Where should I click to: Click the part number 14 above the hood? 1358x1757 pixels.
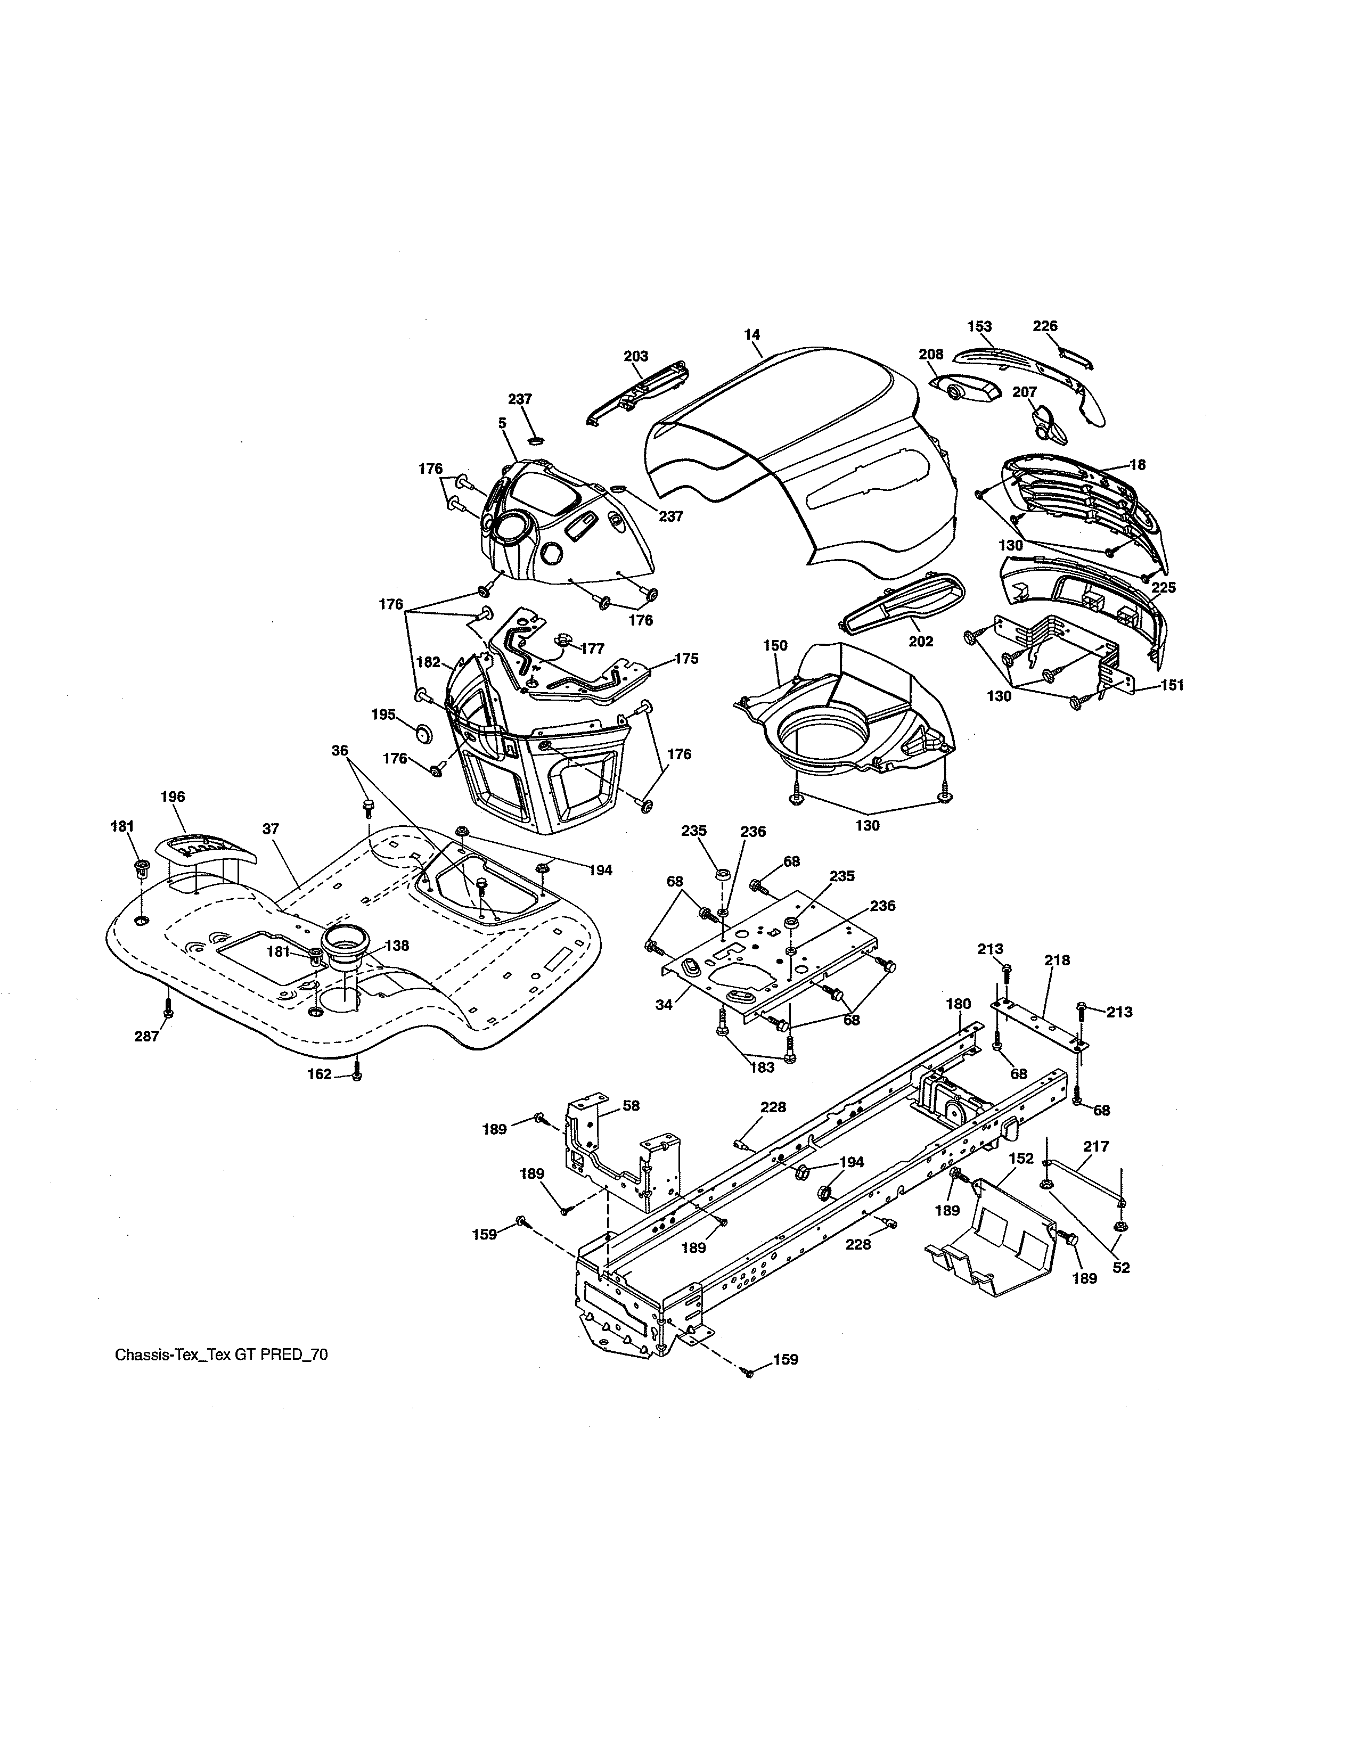[752, 334]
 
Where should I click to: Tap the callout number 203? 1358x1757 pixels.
[635, 356]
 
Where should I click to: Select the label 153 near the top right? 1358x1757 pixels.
[979, 326]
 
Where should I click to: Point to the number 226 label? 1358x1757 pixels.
[1045, 326]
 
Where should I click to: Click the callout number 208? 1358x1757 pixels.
[931, 354]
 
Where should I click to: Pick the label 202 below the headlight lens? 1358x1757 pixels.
[921, 641]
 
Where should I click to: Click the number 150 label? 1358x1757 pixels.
[775, 645]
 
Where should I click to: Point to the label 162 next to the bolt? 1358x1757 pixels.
[320, 1074]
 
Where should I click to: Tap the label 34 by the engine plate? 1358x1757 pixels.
[664, 1005]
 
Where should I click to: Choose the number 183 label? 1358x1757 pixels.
[762, 1068]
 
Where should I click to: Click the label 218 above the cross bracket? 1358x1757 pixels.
[1057, 960]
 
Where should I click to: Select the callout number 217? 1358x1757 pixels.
[1096, 1146]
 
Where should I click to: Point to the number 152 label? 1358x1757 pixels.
[1021, 1159]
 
